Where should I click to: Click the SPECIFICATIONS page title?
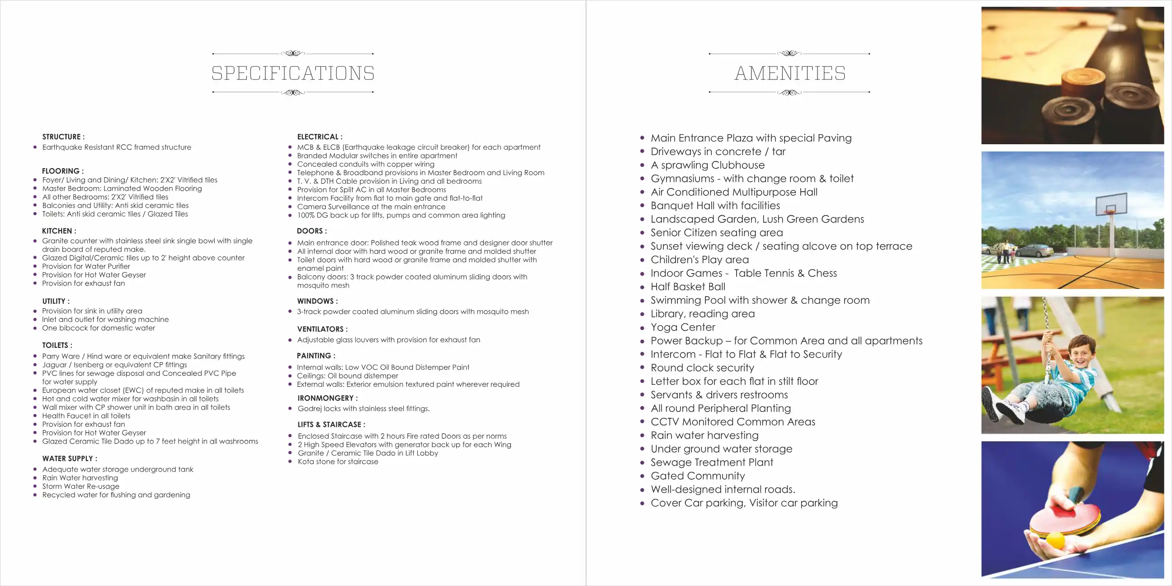tap(293, 73)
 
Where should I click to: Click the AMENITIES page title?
tap(790, 73)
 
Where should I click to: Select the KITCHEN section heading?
tap(59, 231)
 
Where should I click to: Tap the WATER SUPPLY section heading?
tap(70, 458)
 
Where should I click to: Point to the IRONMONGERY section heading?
tap(327, 398)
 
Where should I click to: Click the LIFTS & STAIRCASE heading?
tap(331, 425)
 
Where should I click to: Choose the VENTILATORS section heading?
tap(322, 329)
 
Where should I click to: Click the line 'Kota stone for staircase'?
tap(338, 462)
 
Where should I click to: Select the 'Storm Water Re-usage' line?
tap(80, 487)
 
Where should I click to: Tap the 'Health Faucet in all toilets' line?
tap(86, 416)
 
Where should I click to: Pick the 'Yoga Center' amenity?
tap(682, 327)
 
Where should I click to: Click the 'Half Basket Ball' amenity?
tap(688, 287)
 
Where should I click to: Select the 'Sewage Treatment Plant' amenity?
tap(712, 463)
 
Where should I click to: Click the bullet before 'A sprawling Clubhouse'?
tap(642, 165)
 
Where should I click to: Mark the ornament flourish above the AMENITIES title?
tap(789, 53)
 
